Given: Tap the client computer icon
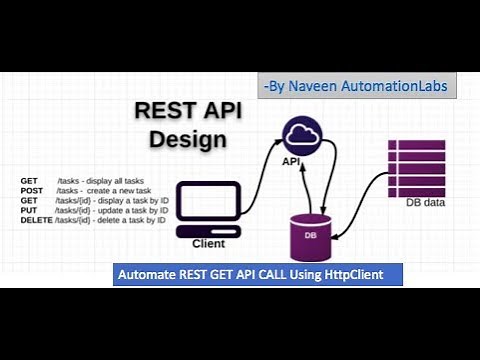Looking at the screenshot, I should (208, 205).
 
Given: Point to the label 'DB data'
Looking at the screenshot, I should (425, 203).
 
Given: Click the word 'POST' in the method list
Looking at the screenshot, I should (32, 190).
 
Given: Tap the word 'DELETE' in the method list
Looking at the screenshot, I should (37, 219).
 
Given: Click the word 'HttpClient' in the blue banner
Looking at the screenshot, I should (359, 274).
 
